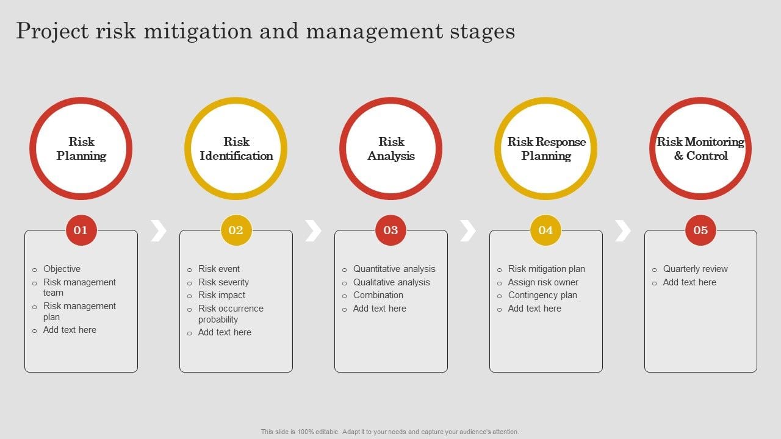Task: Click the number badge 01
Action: click(81, 230)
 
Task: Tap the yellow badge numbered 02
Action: click(236, 230)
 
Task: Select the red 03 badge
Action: click(391, 230)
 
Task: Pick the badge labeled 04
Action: click(546, 230)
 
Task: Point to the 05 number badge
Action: click(700, 230)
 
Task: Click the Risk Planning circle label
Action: click(81, 149)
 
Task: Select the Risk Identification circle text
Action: click(236, 149)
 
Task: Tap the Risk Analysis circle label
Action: click(391, 149)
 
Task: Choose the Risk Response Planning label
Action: click(546, 149)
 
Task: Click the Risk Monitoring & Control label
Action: click(700, 149)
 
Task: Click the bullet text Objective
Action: click(62, 269)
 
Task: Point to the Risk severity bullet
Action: click(223, 282)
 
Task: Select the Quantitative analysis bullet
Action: click(394, 269)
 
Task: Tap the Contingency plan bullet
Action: click(542, 295)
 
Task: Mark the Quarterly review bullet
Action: click(696, 269)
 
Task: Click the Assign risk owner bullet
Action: click(543, 282)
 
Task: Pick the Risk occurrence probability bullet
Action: click(231, 314)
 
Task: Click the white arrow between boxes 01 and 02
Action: click(159, 230)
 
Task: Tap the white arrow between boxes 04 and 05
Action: click(623, 230)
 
